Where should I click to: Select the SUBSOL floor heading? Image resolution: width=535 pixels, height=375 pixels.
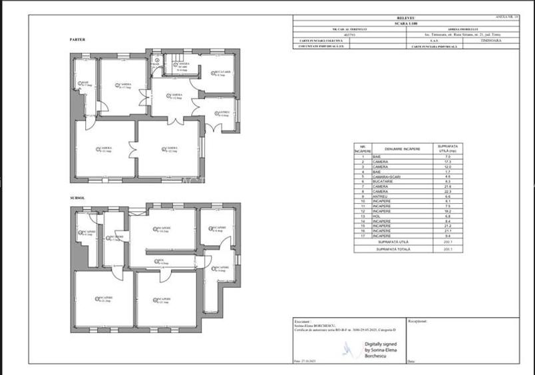click(x=77, y=198)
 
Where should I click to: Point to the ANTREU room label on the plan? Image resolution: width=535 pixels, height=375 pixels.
click(x=224, y=113)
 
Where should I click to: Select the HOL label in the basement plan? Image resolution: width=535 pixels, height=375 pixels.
click(x=160, y=260)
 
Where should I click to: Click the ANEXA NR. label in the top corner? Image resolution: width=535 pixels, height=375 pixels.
click(x=506, y=17)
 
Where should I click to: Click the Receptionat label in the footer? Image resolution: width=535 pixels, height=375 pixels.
click(x=417, y=320)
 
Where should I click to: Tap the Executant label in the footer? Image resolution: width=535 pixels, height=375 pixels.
click(x=303, y=320)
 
